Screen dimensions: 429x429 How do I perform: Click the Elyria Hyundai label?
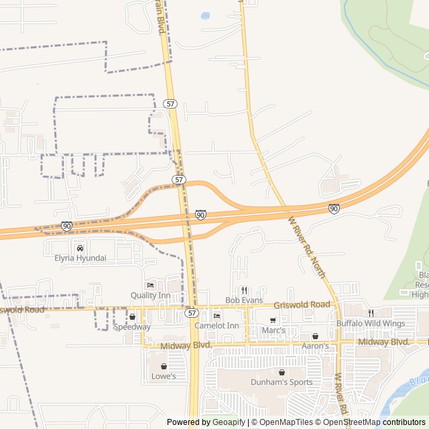[80, 258]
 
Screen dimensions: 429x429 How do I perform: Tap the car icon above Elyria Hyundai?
[80, 248]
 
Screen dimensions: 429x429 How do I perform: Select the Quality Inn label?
[150, 296]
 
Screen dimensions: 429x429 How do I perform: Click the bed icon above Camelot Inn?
[217, 316]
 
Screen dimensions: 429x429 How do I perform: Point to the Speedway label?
[132, 327]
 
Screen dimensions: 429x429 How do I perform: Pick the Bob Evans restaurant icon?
[244, 290]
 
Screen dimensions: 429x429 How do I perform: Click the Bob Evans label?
[244, 300]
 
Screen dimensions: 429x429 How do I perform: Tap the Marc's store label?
[273, 330]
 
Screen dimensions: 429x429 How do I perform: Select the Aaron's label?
[315, 346]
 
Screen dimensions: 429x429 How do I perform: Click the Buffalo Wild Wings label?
[371, 324]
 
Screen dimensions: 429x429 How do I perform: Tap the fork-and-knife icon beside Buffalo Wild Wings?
[370, 313]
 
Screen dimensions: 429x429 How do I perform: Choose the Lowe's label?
[164, 376]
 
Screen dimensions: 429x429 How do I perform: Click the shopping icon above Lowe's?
[164, 366]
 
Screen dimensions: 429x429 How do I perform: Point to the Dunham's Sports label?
[282, 382]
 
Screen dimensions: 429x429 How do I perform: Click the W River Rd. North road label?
[306, 247]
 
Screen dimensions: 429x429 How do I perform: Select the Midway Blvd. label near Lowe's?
[186, 345]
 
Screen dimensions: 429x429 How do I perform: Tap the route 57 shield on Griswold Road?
[192, 313]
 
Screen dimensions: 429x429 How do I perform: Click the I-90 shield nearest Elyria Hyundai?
[66, 227]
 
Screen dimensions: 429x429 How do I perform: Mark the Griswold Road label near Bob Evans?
[302, 305]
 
